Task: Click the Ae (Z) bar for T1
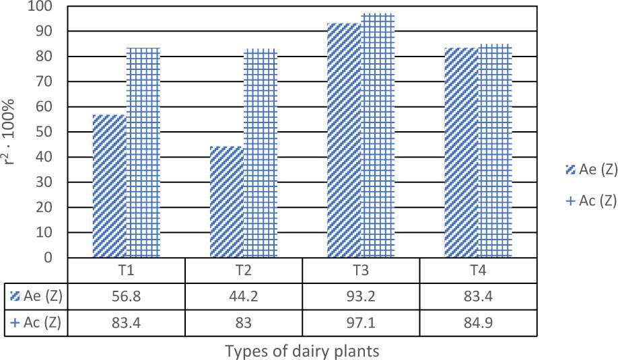(x=109, y=186)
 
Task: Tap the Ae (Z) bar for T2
(x=227, y=202)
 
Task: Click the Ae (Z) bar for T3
(x=344, y=141)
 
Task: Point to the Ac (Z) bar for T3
(x=378, y=135)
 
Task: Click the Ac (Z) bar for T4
(x=495, y=151)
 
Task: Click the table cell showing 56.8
(x=126, y=295)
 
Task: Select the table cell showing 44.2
(x=243, y=295)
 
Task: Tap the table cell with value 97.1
(x=361, y=322)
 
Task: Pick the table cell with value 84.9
(x=478, y=322)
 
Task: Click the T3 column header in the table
(x=361, y=270)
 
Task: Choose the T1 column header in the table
(x=126, y=270)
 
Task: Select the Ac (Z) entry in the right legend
(x=592, y=201)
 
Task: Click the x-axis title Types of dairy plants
(x=302, y=351)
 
